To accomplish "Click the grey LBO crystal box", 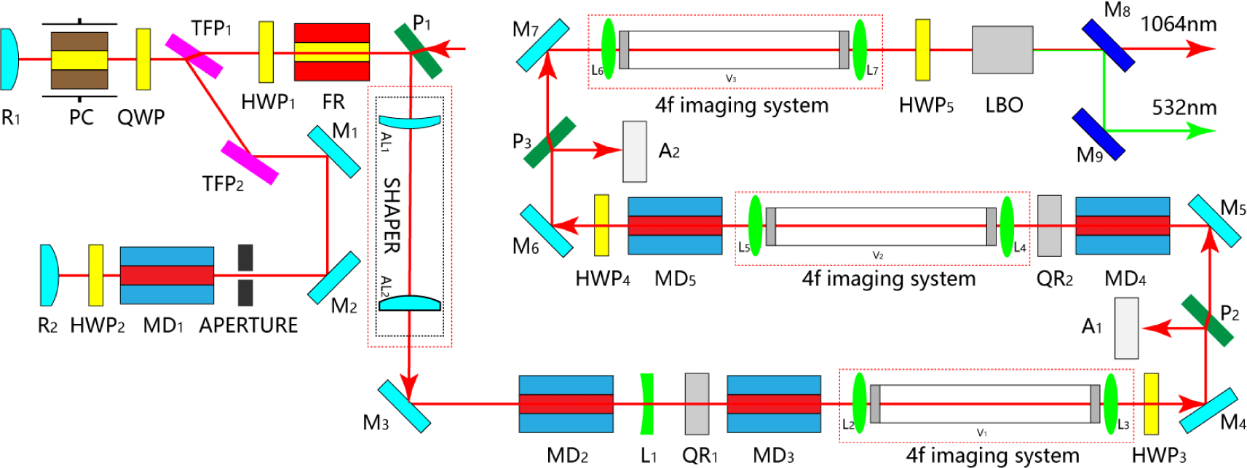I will (1002, 50).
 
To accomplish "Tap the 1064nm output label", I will (1178, 24).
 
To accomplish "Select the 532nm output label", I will (1184, 108).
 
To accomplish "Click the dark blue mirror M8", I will (1107, 45).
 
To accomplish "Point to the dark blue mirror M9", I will (1098, 134).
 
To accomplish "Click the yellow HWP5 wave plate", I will (922, 49).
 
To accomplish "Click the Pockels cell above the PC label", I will (79, 60).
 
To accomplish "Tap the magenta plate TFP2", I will (250, 162).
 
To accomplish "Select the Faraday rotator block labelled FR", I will (331, 52).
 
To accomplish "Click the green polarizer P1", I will (418, 51).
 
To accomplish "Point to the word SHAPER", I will (392, 215).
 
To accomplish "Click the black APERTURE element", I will (245, 275).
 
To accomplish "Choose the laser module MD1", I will (167, 275).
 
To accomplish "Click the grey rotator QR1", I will (696, 403).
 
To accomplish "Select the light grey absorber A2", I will (634, 151).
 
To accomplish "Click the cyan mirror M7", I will (542, 45).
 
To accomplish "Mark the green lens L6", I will (608, 49).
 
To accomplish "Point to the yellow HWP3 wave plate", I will (1151, 404).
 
